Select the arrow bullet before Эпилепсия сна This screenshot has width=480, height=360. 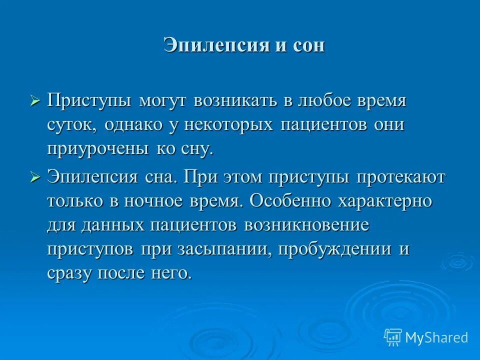pyautogui.click(x=34, y=177)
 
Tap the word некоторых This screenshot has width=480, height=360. pyautogui.click(x=225, y=125)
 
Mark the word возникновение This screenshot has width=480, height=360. pyautogui.click(x=306, y=225)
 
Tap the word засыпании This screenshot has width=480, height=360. pyautogui.click(x=223, y=249)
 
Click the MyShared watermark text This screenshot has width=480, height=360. pyautogui.click(x=436, y=337)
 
